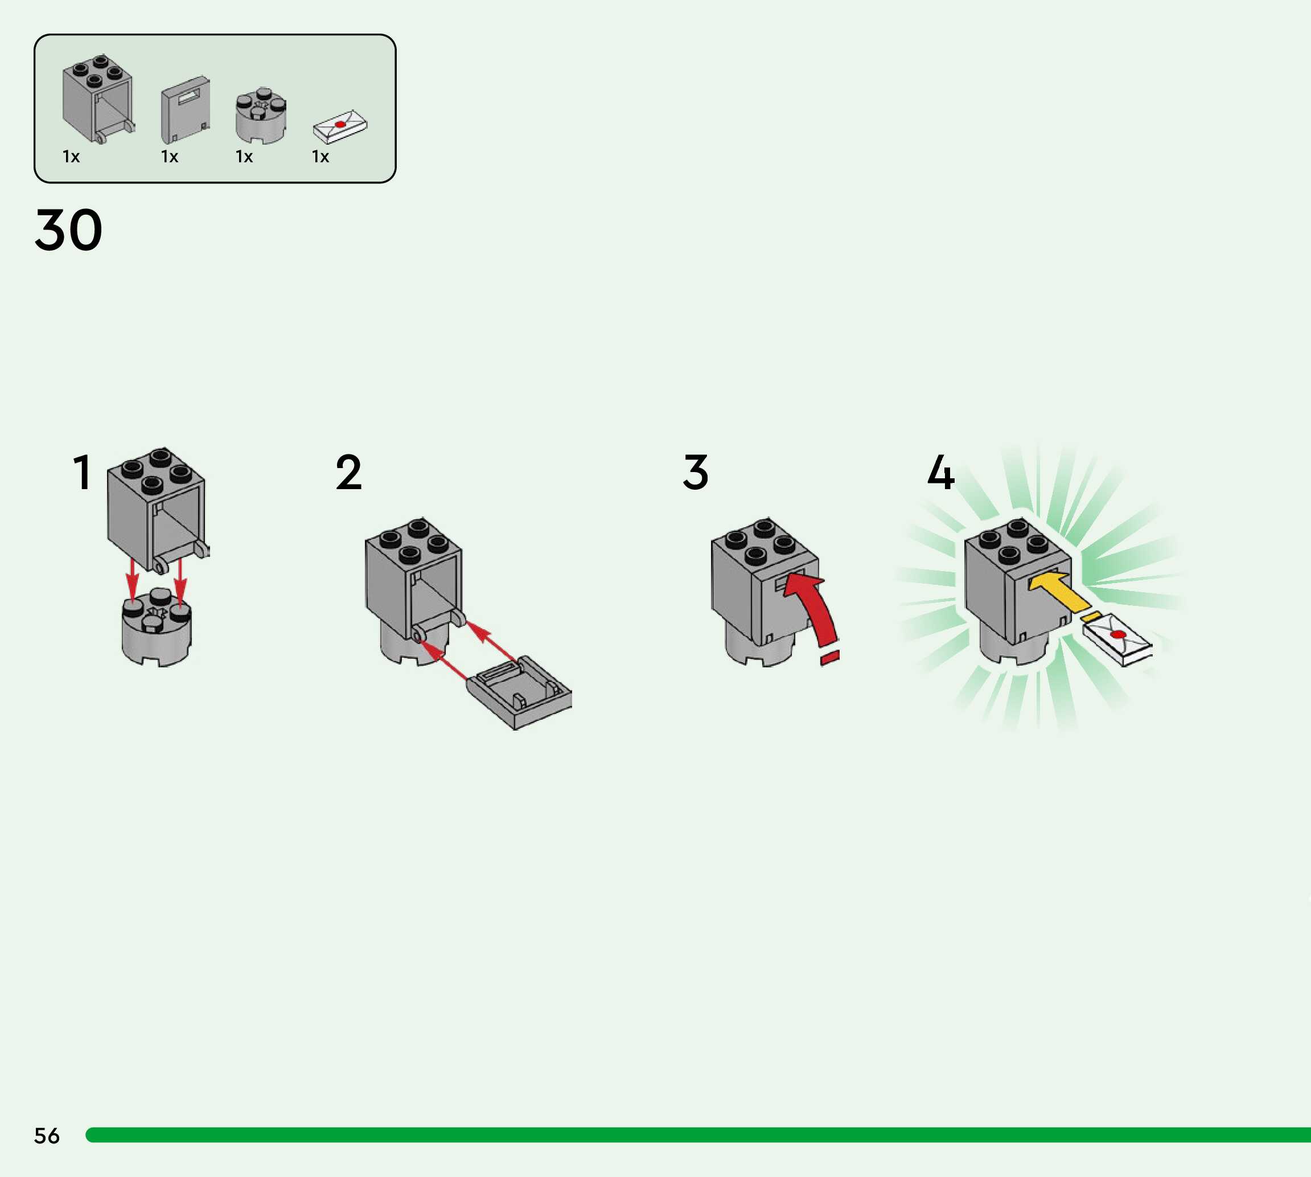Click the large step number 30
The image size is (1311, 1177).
click(68, 230)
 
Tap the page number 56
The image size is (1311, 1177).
click(47, 1135)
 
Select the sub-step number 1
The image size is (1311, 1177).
click(82, 473)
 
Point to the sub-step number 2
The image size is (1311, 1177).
click(348, 473)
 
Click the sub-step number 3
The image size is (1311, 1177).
click(696, 473)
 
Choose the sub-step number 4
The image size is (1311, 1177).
click(940, 473)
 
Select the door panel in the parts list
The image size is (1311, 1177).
click(185, 110)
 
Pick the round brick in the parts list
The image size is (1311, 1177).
click(261, 116)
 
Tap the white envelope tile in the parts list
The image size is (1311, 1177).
click(340, 125)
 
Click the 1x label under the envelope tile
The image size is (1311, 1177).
click(320, 157)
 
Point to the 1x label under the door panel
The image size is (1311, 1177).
click(170, 157)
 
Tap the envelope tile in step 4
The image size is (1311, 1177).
click(1117, 639)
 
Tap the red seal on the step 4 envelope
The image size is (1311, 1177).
click(1117, 634)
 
